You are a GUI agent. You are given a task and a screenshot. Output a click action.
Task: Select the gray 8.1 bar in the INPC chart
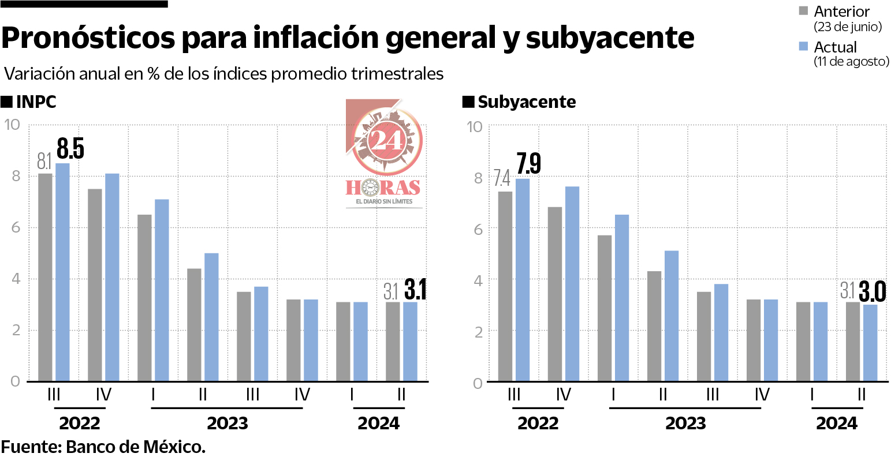(45, 277)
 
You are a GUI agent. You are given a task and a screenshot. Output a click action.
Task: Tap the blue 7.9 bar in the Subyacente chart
(523, 280)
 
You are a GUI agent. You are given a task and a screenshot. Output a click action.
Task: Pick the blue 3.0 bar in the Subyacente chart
(870, 343)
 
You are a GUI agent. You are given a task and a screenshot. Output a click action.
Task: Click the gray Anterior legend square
(804, 11)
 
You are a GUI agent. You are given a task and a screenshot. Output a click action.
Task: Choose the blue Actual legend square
(804, 46)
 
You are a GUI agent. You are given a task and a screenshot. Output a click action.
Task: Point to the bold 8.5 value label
(70, 148)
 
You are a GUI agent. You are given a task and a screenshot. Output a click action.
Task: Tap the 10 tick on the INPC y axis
(13, 125)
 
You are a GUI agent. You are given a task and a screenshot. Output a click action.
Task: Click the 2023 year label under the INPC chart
(227, 423)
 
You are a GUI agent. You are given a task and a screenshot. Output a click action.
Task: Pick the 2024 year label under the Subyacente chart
(837, 423)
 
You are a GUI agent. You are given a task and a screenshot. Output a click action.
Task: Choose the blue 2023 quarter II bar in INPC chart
(211, 317)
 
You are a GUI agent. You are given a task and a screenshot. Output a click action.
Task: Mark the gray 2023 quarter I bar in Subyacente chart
(605, 308)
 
